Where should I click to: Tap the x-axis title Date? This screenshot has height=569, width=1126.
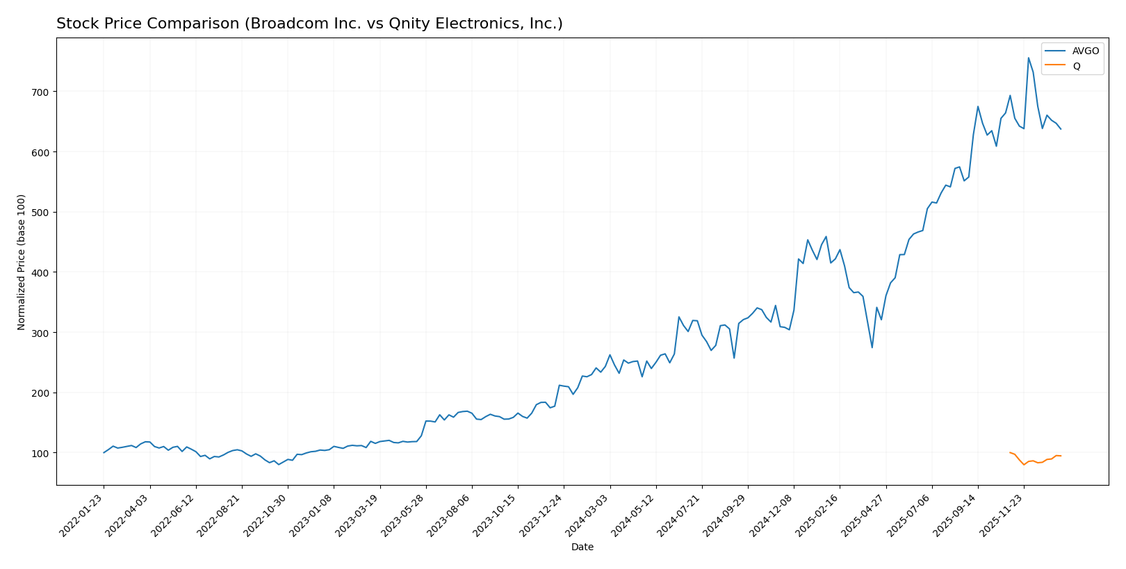click(x=582, y=547)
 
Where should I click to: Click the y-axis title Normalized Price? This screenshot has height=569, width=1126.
click(x=22, y=262)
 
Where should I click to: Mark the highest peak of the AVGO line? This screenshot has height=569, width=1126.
click(x=1028, y=58)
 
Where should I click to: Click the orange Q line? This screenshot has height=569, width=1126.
click(x=1042, y=462)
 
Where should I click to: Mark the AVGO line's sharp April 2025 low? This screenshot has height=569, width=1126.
click(x=872, y=347)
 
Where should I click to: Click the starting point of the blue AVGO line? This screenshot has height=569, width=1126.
click(x=104, y=452)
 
